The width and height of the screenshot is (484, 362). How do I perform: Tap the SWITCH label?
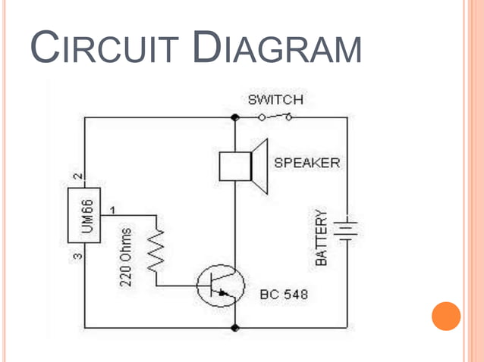coord(275,100)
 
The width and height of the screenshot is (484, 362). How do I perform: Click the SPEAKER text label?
coord(306,163)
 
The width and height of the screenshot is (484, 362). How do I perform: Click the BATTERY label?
coord(322,237)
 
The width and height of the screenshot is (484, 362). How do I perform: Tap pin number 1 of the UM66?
coord(114,208)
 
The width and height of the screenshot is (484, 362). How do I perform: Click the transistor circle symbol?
coord(220,286)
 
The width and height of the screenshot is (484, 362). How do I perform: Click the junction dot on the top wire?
coord(234,117)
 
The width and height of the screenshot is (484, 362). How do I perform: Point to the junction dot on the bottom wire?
coord(234,327)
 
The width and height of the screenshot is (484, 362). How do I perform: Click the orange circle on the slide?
coord(446,316)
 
